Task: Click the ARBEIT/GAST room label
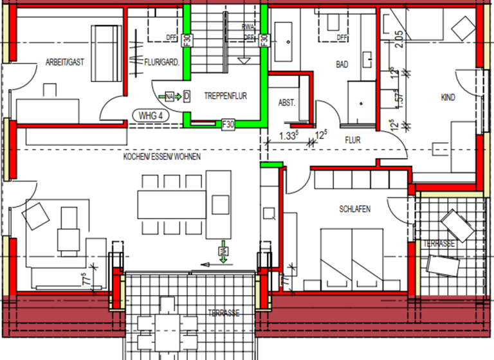click(65, 62)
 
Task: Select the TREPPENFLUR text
click(225, 96)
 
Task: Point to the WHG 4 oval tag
click(147, 116)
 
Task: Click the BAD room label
click(342, 64)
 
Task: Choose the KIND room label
click(448, 98)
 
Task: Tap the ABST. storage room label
click(286, 103)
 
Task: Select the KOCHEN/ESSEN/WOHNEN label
click(162, 157)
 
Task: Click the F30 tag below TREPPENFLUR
click(228, 123)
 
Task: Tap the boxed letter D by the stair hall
click(186, 96)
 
